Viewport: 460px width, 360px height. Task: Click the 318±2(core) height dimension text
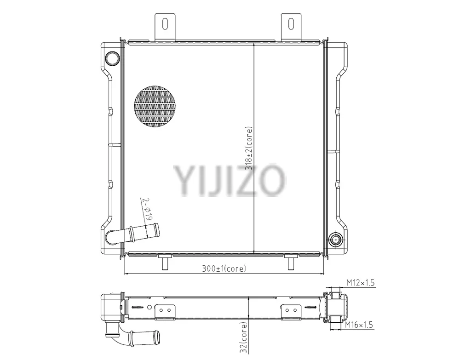coord(249,149)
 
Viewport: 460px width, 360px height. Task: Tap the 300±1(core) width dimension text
coord(224,269)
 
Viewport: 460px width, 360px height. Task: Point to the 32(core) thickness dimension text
coord(244,337)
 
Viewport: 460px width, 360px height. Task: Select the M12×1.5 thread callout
coord(361,283)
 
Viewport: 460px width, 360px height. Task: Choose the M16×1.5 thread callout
coord(358,325)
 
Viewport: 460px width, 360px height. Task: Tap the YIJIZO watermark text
coord(230,180)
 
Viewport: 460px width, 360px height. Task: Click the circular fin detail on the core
coord(155,106)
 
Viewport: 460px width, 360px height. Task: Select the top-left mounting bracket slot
coord(165,24)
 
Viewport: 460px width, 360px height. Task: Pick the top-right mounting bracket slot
coord(291,24)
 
